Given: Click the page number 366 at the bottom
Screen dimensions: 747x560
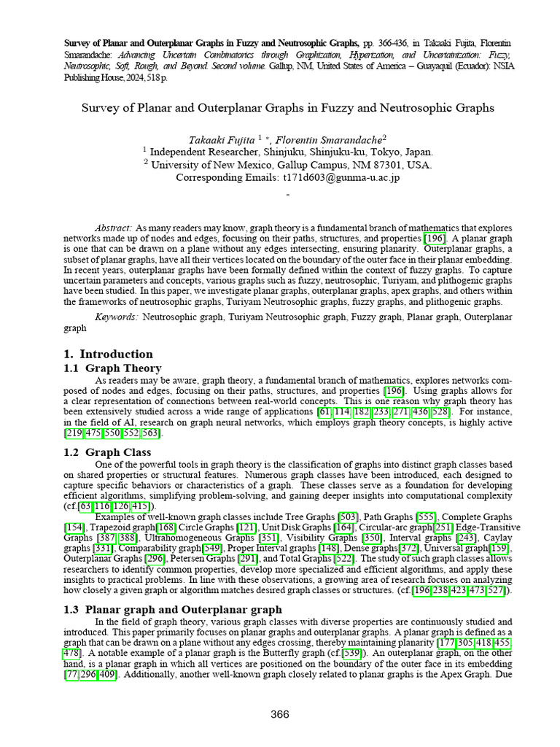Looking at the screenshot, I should pyautogui.click(x=280, y=714).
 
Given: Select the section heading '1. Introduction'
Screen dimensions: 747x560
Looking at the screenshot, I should pyautogui.click(x=108, y=354).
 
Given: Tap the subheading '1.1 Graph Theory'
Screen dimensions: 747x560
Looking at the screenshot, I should pyautogui.click(x=112, y=368).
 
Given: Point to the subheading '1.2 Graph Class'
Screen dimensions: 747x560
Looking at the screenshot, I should pyautogui.click(x=108, y=452).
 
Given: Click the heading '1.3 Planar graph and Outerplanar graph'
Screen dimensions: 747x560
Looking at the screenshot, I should pyautogui.click(x=172, y=609).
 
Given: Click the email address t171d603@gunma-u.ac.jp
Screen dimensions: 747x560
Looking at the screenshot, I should pyautogui.click(x=341, y=177).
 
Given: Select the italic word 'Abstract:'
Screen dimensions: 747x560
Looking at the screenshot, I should pyautogui.click(x=114, y=228).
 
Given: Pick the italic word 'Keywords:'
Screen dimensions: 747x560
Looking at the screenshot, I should pyautogui.click(x=117, y=317).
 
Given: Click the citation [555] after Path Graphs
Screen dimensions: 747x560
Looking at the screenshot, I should pyautogui.click(x=427, y=517).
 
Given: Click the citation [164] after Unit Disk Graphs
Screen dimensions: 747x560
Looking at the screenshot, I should pyautogui.click(x=343, y=527).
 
